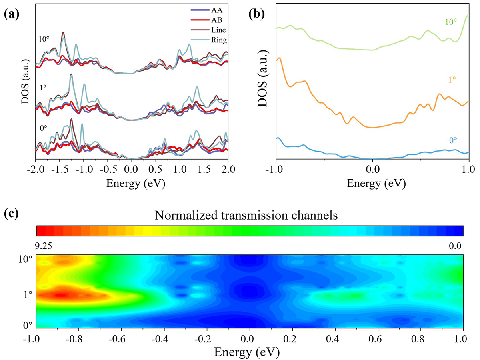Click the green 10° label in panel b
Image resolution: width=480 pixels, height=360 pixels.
pyautogui.click(x=451, y=22)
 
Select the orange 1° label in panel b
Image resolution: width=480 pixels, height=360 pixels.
pyautogui.click(x=452, y=80)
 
